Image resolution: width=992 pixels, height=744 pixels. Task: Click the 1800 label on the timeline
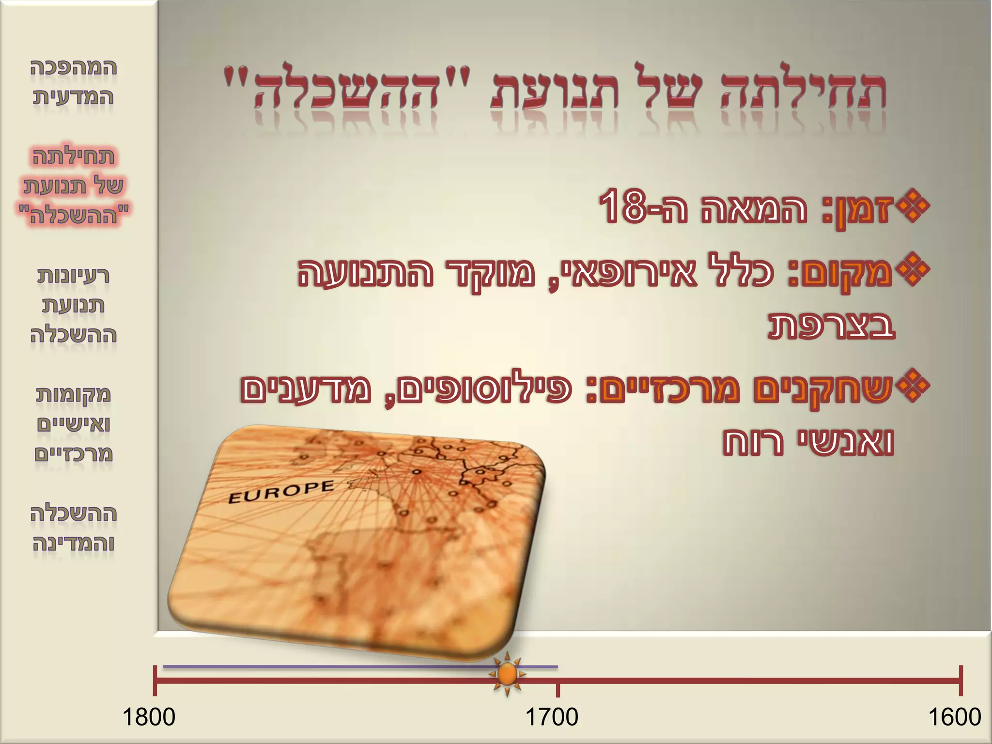coord(149,717)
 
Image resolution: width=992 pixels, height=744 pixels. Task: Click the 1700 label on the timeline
coord(552,717)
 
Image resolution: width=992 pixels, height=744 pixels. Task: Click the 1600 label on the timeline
coord(954,717)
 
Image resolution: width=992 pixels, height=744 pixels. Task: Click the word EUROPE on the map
coord(281,492)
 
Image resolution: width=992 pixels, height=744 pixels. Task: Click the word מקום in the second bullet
coord(848,272)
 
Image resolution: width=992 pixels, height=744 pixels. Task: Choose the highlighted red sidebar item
coord(73,186)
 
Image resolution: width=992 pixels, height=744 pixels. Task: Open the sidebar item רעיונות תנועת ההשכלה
coord(73,305)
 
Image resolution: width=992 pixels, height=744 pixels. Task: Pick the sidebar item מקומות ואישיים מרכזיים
coord(73,424)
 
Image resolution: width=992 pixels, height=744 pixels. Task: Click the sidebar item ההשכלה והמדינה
coord(73,528)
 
